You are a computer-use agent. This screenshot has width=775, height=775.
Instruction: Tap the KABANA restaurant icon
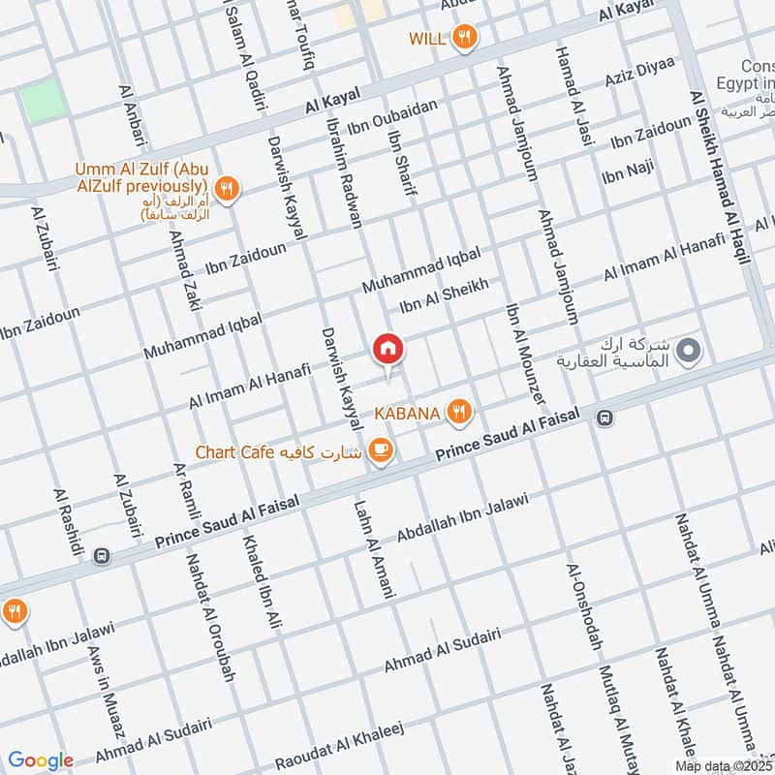point(459,414)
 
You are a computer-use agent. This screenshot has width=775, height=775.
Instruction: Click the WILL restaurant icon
point(466,39)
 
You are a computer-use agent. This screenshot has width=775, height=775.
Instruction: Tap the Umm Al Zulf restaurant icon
point(227,188)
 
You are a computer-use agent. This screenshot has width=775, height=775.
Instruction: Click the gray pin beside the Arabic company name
point(688,351)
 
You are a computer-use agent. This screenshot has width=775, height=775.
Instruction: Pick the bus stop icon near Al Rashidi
point(102,557)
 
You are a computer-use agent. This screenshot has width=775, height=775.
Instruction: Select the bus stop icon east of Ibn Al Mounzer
point(604,418)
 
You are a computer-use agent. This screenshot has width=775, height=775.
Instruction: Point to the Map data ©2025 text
point(715,765)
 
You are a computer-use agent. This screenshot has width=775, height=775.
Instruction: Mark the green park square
point(40,102)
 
